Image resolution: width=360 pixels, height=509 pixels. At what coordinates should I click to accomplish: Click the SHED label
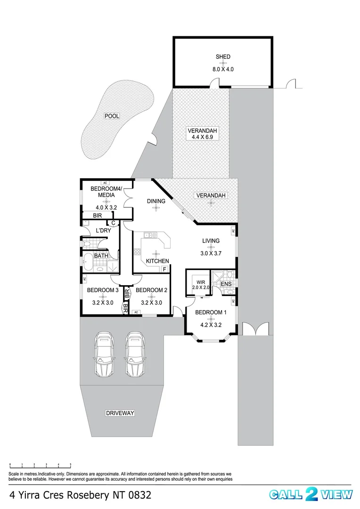click(223, 57)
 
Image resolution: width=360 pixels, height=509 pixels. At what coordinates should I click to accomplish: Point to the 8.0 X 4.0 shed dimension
click(223, 69)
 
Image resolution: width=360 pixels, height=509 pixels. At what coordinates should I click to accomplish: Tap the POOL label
click(112, 116)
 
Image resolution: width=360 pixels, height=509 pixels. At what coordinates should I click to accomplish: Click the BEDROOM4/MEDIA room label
click(106, 192)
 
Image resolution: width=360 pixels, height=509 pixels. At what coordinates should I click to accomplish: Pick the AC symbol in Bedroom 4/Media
click(105, 183)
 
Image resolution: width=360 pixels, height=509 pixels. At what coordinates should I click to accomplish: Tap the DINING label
click(156, 201)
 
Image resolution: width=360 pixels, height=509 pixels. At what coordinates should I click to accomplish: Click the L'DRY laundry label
click(103, 230)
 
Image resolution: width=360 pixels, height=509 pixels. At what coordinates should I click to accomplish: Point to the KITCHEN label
click(157, 261)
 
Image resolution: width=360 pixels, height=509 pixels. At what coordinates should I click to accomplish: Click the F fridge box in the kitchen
click(164, 269)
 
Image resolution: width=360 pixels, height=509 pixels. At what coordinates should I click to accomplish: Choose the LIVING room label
click(211, 241)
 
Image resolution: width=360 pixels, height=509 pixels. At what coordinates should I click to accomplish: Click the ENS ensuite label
click(226, 284)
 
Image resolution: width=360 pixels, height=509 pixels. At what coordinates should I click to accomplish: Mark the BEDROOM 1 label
click(211, 312)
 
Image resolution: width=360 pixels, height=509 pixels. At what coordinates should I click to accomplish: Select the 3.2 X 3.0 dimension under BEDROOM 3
click(102, 303)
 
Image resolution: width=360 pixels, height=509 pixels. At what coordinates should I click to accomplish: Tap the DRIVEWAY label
click(120, 413)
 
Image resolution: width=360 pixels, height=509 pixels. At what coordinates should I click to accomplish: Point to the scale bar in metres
click(40, 466)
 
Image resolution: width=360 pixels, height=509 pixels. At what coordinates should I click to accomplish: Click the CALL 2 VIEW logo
click(311, 494)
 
